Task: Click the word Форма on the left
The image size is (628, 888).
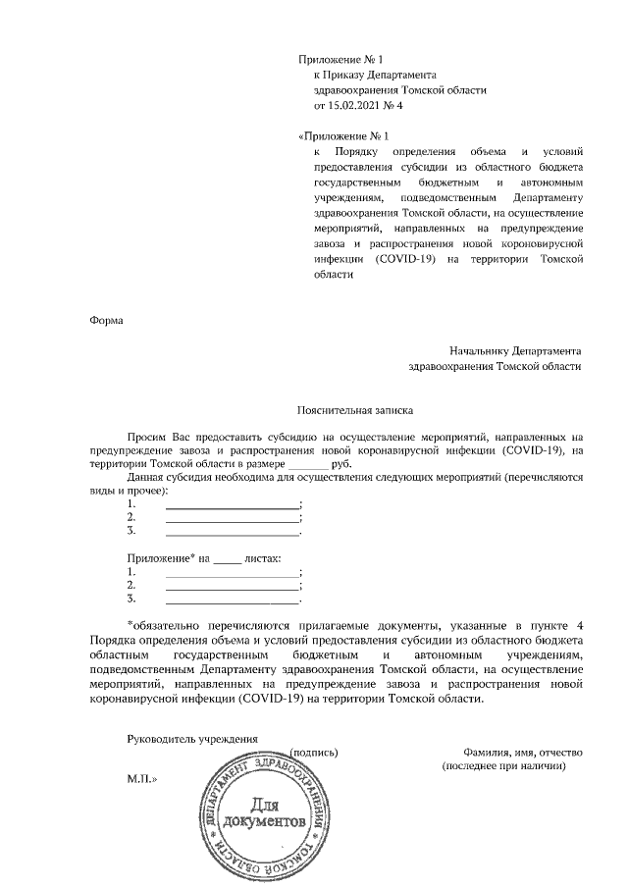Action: (x=107, y=319)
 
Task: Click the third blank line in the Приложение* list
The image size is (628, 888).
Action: (x=232, y=598)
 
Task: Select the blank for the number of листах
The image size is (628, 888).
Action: (x=226, y=558)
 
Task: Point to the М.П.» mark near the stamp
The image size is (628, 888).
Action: (x=142, y=777)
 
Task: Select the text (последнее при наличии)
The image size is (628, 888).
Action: (x=504, y=764)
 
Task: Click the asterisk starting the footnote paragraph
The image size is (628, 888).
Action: (x=131, y=624)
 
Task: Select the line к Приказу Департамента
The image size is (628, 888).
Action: (x=374, y=76)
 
